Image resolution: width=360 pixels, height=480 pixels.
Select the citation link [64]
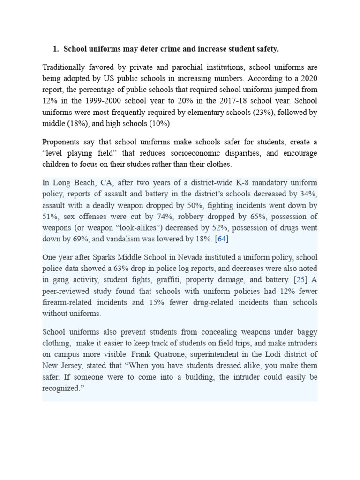pos(221,240)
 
